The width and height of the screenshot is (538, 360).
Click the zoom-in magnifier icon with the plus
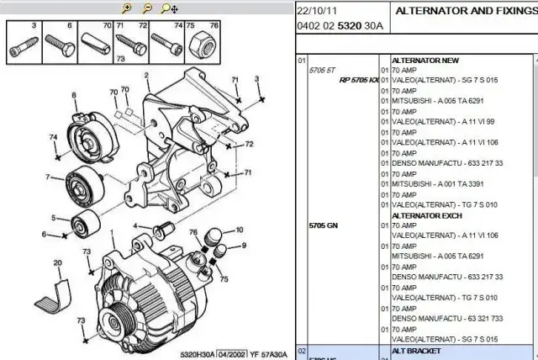(127, 9)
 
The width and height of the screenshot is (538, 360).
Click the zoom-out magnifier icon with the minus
(147, 9)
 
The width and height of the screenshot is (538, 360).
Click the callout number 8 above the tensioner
(74, 94)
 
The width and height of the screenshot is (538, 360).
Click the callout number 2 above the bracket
(147, 76)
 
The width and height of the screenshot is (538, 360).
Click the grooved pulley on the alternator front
(113, 320)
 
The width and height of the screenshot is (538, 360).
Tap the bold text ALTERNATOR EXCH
(427, 215)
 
